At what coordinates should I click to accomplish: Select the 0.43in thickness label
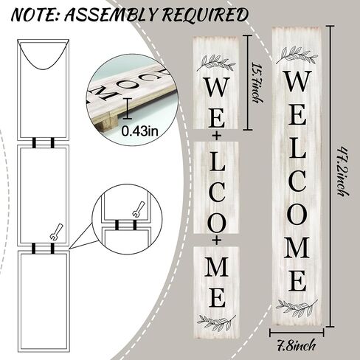click(x=139, y=131)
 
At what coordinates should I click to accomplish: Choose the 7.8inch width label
click(x=296, y=346)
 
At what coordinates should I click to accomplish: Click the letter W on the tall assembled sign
click(x=297, y=80)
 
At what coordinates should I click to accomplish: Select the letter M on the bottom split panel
click(x=216, y=266)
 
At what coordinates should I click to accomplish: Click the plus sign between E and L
click(x=216, y=136)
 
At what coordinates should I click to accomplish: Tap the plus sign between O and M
click(x=216, y=240)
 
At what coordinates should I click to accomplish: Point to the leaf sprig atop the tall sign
click(x=297, y=55)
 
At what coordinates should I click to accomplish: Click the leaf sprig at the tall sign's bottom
click(x=297, y=308)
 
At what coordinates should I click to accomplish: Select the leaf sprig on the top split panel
click(x=216, y=63)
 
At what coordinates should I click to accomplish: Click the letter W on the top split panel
click(x=217, y=88)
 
